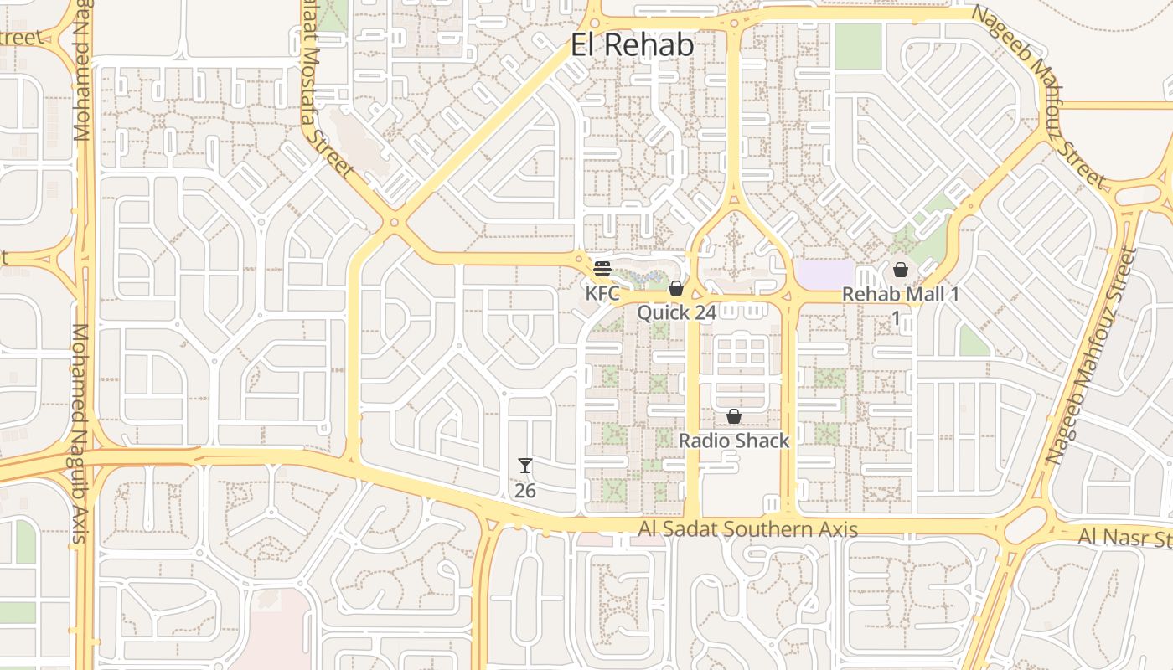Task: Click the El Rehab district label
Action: point(633,45)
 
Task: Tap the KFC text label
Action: point(602,294)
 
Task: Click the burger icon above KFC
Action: point(602,270)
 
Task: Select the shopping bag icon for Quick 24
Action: point(676,288)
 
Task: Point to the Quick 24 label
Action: point(676,313)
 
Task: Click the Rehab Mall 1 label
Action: point(900,295)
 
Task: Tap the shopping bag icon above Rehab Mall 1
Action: point(901,270)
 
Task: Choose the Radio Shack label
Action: point(734,441)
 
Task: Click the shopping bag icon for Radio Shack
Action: point(734,416)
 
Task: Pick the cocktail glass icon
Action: point(525,466)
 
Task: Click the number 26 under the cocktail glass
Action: point(525,491)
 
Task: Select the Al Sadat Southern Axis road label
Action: point(747,529)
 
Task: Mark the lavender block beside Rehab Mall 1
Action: point(825,273)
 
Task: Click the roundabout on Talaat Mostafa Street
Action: point(395,223)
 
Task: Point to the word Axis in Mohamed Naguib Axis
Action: point(80,523)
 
